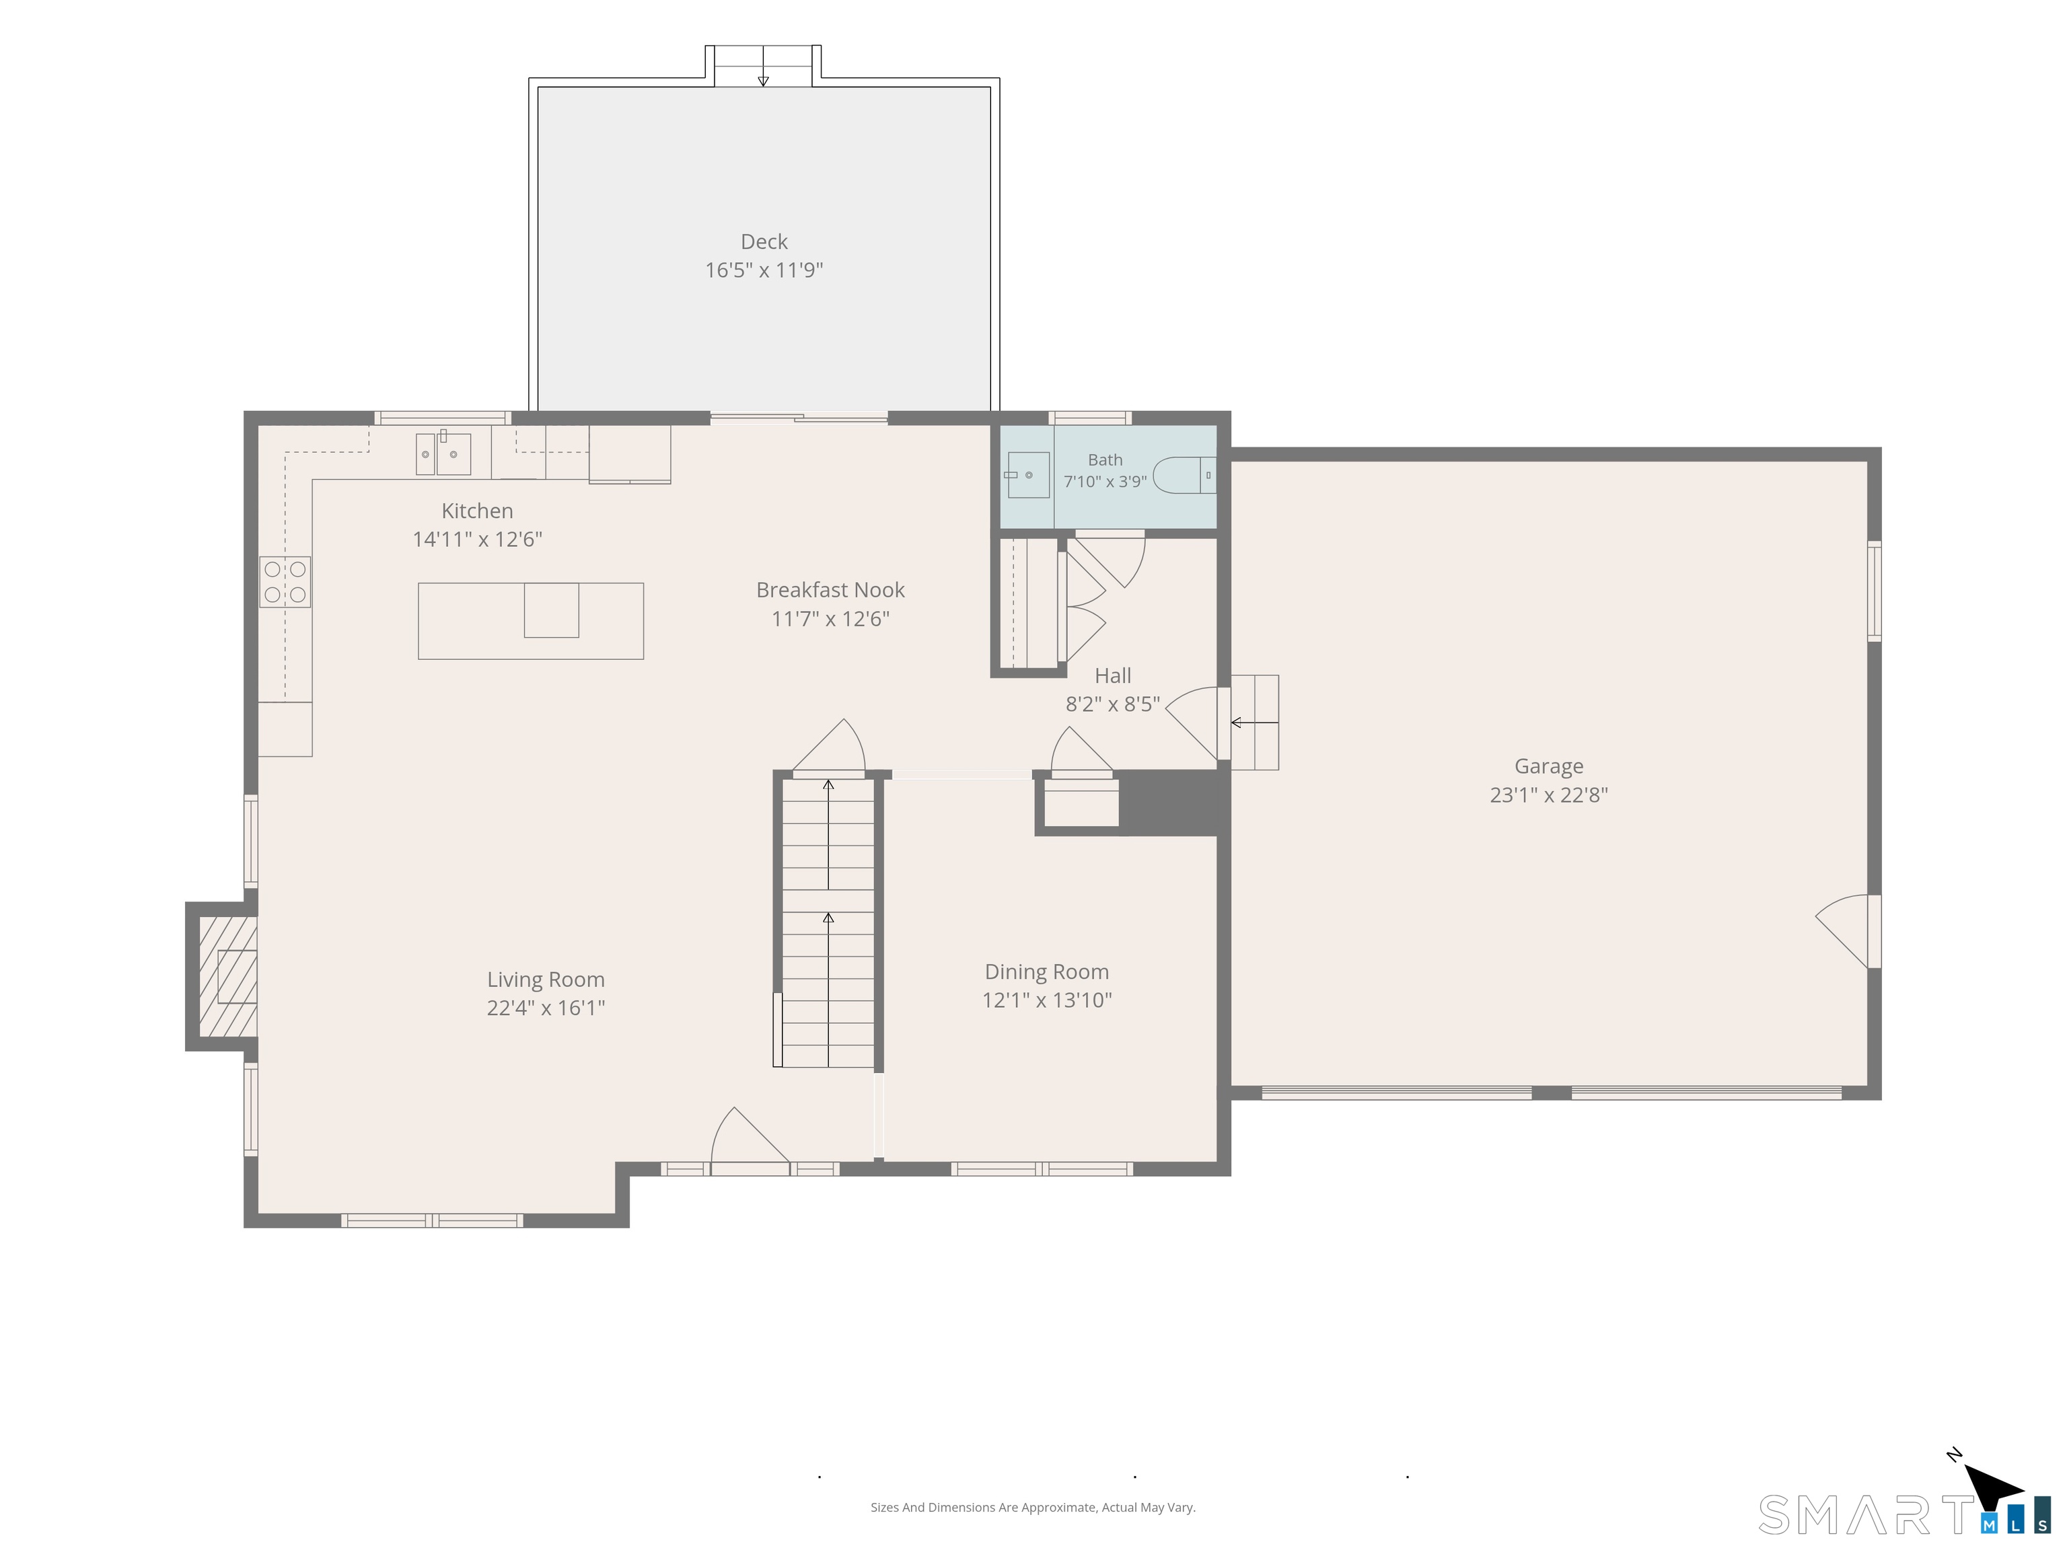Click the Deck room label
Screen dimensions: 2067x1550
point(764,242)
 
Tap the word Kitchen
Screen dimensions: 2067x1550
point(478,511)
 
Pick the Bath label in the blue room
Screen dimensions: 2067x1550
point(1105,459)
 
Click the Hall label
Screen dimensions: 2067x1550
point(1113,675)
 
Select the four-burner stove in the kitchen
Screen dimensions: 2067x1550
point(285,582)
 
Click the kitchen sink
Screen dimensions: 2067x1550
point(443,453)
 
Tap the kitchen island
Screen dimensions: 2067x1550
point(531,622)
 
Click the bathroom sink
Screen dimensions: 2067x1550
point(1028,475)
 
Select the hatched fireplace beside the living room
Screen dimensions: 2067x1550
point(227,976)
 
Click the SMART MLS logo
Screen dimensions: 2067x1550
point(1904,1514)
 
